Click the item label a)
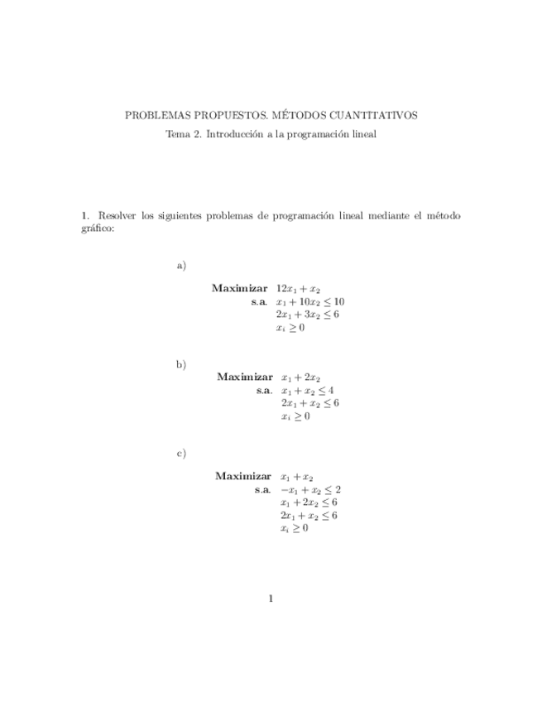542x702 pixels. pos(181,265)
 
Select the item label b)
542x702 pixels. pos(181,364)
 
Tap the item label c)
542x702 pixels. pos(181,454)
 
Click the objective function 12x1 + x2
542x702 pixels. pos(298,289)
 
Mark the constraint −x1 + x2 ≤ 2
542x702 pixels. pos(310,489)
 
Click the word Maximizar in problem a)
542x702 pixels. pos(239,289)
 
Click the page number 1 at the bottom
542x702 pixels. pos(271,599)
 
